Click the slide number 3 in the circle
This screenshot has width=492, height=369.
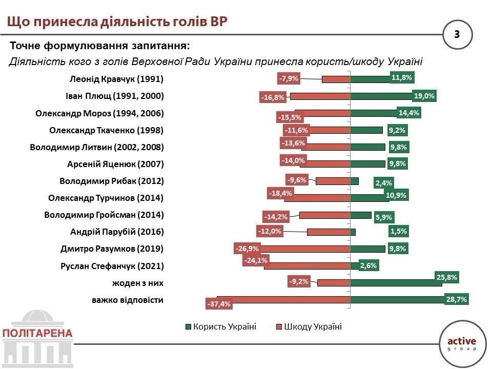[457, 35]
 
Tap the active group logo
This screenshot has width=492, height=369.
[462, 342]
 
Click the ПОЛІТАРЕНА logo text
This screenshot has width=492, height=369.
[37, 333]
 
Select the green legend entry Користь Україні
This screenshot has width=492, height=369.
[220, 327]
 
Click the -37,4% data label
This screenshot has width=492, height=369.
[219, 304]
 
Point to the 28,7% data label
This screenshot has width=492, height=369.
[456, 300]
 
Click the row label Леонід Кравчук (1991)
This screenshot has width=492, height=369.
[116, 79]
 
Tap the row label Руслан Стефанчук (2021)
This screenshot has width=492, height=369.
[113, 266]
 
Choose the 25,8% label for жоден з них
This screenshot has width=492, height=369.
[446, 277]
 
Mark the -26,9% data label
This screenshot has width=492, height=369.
[247, 249]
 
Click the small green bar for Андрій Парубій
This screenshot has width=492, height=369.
[353, 232]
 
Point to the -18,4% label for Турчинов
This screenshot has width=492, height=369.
[280, 193]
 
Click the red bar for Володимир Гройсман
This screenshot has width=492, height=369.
[324, 215]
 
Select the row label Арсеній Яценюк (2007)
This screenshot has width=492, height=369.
[115, 164]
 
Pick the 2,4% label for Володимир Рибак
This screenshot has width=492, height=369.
[383, 183]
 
